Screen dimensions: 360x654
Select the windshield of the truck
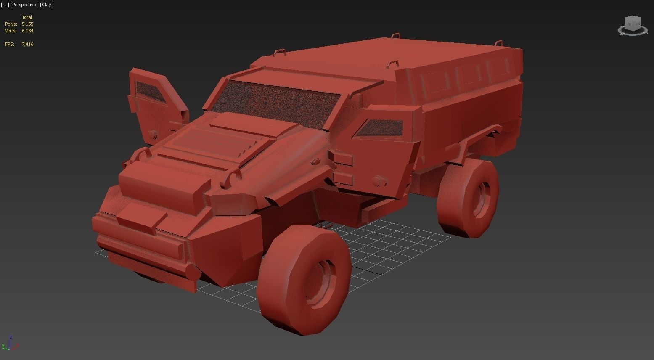(275, 103)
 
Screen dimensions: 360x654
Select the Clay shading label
(47, 5)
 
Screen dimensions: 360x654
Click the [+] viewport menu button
(5, 5)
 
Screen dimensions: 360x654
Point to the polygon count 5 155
(27, 24)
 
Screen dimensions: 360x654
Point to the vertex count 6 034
(27, 31)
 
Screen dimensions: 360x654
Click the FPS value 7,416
(27, 44)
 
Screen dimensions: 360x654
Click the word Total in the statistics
(27, 17)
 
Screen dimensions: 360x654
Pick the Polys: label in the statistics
(11, 24)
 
